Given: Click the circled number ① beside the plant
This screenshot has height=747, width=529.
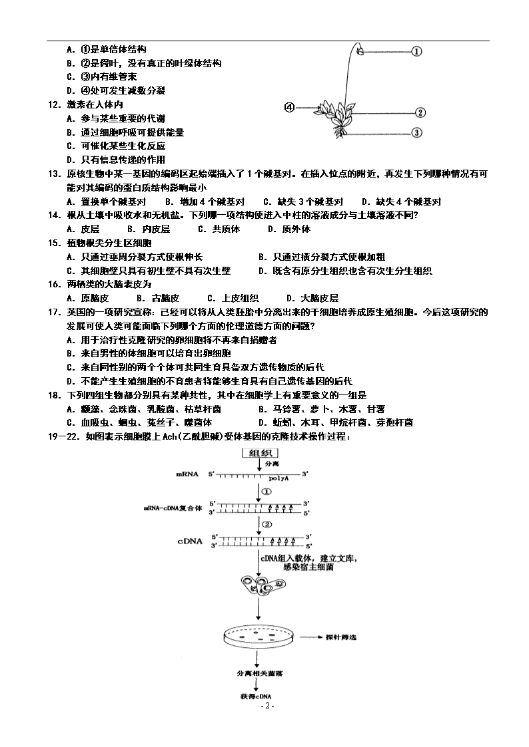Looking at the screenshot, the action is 416,51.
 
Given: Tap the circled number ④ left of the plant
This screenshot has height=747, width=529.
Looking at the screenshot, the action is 290,108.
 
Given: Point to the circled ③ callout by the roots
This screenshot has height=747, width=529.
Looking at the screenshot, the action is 416,132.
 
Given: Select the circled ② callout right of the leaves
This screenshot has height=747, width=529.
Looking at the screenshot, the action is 420,112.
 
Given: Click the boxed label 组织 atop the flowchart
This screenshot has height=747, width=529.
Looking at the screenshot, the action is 261,453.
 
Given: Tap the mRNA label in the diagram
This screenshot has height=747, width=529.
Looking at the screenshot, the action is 187,474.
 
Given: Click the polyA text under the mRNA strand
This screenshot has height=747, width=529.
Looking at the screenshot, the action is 278,478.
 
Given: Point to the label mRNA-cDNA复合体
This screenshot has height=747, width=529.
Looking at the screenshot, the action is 173,508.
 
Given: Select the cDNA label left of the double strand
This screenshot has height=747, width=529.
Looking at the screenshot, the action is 190,541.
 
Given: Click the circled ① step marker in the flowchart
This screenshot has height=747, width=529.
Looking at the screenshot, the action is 266,491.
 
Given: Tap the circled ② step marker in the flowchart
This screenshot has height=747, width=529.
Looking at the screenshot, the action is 267,525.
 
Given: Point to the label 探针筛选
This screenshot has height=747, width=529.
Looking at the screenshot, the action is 340,637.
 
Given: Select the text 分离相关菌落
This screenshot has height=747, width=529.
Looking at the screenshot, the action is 260,673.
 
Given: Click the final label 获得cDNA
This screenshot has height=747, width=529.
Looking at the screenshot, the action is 256,696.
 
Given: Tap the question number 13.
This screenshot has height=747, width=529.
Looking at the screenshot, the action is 54,174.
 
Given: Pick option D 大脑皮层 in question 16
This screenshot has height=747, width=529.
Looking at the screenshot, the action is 312,298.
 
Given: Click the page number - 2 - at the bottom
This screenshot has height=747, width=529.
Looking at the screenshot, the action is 267,706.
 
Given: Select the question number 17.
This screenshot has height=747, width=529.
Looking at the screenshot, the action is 54,312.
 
